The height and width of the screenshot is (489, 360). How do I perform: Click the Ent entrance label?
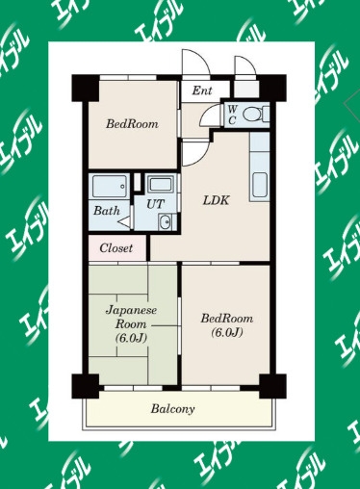(202, 90)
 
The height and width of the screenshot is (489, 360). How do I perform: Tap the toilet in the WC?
(256, 115)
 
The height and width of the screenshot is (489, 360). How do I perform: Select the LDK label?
(216, 200)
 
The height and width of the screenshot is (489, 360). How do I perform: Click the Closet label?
(116, 248)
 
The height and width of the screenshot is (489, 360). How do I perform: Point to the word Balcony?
(172, 409)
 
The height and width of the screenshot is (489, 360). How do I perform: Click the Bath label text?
(107, 211)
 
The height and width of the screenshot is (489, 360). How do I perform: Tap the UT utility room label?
(155, 204)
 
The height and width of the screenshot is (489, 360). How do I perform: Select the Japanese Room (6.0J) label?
(131, 324)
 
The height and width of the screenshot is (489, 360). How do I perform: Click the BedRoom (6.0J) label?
(227, 325)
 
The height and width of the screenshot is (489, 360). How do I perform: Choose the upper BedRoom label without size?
(132, 124)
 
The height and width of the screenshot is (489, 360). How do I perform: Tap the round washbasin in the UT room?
(165, 222)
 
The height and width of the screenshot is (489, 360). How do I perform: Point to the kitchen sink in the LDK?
(260, 186)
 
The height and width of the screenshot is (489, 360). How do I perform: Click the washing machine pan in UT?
(162, 184)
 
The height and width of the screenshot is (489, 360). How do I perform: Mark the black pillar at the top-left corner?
(85, 89)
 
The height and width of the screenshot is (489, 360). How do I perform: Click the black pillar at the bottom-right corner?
(272, 386)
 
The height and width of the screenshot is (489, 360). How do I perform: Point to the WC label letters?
(233, 115)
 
